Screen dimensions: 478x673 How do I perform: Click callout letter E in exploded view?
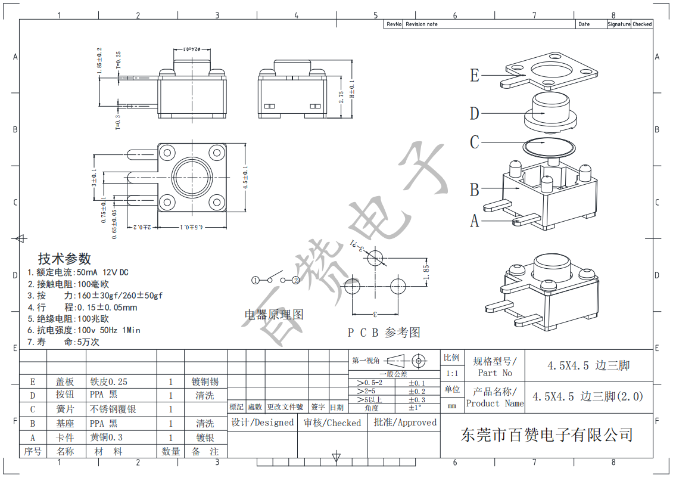click(475, 76)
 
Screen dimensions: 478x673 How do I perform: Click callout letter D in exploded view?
click(475, 113)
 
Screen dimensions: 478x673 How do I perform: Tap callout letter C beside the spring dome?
click(475, 142)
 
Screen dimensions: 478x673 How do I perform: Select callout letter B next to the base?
click(475, 190)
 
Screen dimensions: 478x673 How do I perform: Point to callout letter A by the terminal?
click(475, 221)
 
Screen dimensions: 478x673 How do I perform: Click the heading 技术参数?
click(64, 259)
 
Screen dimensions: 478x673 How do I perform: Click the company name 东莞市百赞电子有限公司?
click(546, 434)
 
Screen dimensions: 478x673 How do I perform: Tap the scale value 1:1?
click(452, 374)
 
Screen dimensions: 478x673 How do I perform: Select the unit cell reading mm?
click(452, 405)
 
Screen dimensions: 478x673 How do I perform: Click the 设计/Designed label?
click(263, 423)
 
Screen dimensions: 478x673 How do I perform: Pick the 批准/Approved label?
click(405, 423)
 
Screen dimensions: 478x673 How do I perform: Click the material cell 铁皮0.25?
click(108, 382)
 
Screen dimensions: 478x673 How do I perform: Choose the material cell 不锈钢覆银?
click(114, 409)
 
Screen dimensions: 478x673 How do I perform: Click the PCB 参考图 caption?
click(384, 333)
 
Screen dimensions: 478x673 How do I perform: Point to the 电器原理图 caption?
click(274, 315)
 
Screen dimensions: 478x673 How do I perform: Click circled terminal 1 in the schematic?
click(255, 280)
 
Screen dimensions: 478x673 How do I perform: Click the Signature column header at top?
click(619, 24)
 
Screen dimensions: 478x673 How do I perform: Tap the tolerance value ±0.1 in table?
click(417, 383)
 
